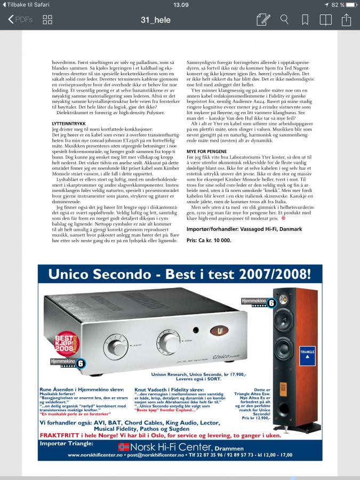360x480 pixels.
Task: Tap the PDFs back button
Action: tap(20, 20)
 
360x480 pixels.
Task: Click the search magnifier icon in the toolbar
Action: tap(284, 20)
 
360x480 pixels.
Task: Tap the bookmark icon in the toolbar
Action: tap(305, 20)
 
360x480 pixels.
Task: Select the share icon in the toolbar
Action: tap(346, 20)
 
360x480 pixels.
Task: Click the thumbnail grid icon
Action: tap(47, 20)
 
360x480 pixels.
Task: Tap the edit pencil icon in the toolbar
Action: tap(263, 20)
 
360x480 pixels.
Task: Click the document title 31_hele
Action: tap(156, 20)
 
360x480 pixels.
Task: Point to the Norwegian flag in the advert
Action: tap(124, 447)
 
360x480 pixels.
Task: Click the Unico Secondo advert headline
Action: tap(179, 275)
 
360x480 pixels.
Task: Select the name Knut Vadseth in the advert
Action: tap(150, 390)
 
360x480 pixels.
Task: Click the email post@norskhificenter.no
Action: tap(160, 455)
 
